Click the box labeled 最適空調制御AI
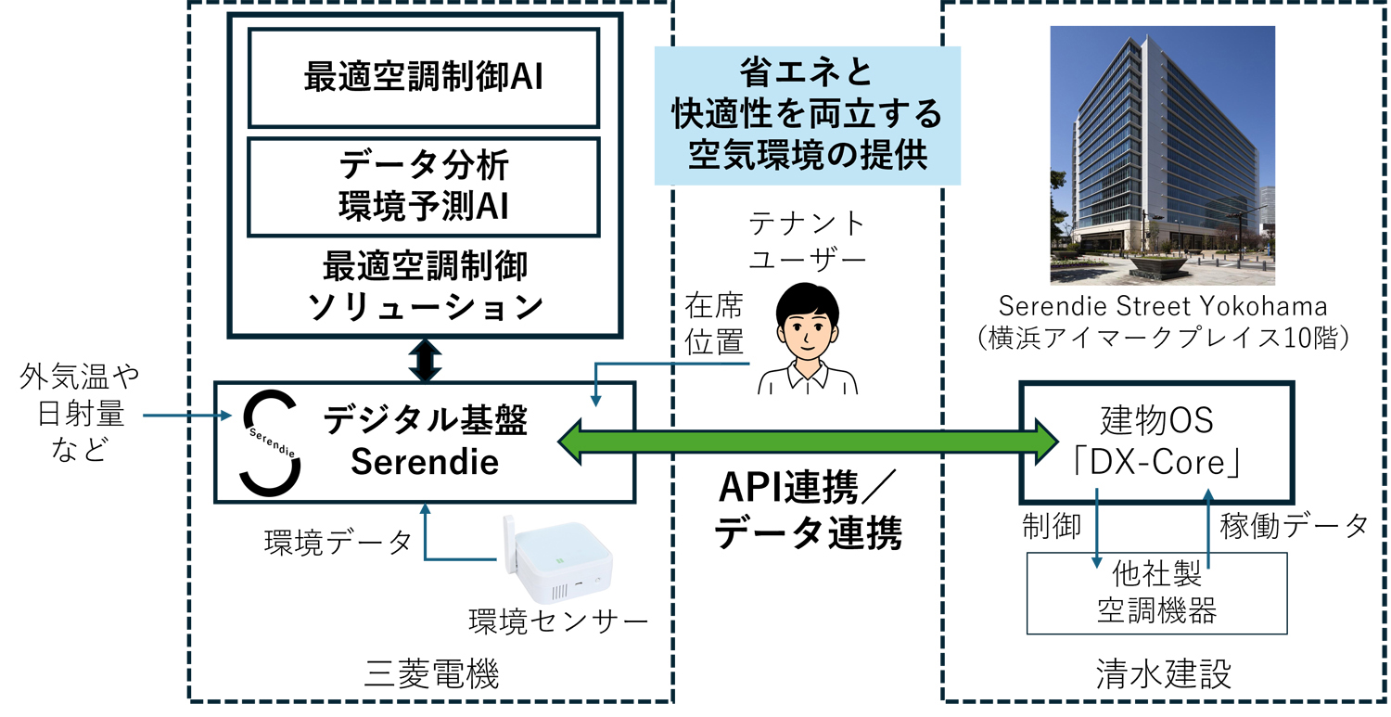423,78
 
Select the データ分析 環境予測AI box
423,186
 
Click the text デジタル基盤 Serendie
425,442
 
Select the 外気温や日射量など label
78,413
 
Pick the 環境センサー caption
556,620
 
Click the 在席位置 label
713,323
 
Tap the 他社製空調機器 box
1156,593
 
